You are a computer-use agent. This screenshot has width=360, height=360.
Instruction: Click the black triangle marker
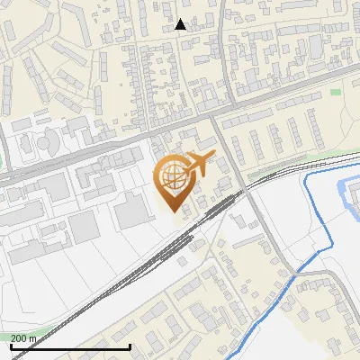pos(181,24)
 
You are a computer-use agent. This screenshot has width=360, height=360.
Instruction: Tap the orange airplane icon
pos(199,165)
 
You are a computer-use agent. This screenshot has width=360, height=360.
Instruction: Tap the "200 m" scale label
pos(23,337)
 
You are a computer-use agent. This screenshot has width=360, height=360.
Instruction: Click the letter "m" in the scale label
pos(32,337)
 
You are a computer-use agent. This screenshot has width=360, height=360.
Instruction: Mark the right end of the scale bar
pos(130,346)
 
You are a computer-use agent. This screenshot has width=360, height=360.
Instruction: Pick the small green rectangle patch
pos(336,91)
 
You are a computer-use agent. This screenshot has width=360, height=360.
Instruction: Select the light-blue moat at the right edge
pos(346,193)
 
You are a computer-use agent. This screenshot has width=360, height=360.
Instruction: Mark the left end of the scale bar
pos(11,346)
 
